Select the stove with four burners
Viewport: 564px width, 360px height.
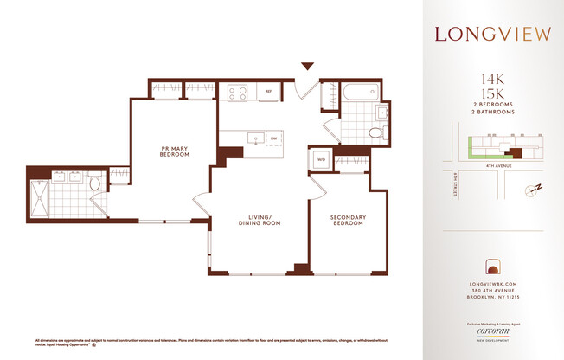tap(238, 92)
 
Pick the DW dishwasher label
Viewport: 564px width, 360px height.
tap(273, 138)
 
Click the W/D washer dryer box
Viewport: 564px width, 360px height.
tap(320, 160)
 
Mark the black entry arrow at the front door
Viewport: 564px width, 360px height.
tap(307, 66)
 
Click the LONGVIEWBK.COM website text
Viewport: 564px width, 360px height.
tap(491, 283)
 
